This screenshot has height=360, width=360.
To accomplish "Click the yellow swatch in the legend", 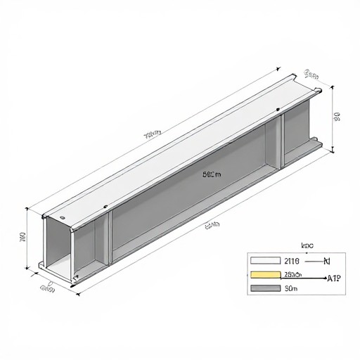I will [x=264, y=274].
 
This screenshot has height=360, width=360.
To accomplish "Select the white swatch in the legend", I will [x=264, y=261].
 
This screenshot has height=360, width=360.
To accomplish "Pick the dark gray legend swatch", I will [x=264, y=288].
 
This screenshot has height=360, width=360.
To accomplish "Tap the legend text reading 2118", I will [x=290, y=261].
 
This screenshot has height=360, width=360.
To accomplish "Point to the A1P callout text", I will [x=334, y=278].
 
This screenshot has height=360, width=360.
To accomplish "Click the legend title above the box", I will [x=307, y=245].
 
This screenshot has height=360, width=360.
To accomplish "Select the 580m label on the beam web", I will [x=211, y=174].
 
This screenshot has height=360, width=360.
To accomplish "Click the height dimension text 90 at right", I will [x=337, y=116].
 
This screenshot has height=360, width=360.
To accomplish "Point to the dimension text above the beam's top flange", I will [x=153, y=132].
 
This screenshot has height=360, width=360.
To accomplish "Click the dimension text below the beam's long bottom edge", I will [x=212, y=225].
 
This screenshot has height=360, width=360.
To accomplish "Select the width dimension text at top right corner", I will [x=312, y=74].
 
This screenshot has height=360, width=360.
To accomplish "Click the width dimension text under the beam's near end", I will [x=48, y=287].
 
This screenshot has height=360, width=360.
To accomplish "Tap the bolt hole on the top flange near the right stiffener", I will [x=279, y=109].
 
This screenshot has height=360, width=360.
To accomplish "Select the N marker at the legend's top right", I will [x=326, y=261].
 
